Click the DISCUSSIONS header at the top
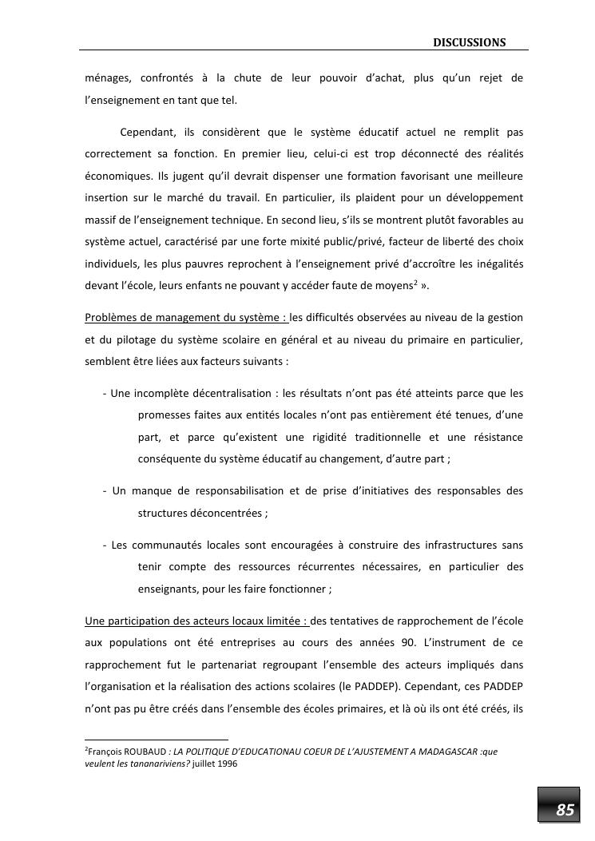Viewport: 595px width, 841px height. tap(470, 42)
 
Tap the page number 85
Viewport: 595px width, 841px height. tap(565, 810)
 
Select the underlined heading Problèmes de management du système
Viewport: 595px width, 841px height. tap(185, 318)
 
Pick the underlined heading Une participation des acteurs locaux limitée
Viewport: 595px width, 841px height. tap(196, 621)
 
